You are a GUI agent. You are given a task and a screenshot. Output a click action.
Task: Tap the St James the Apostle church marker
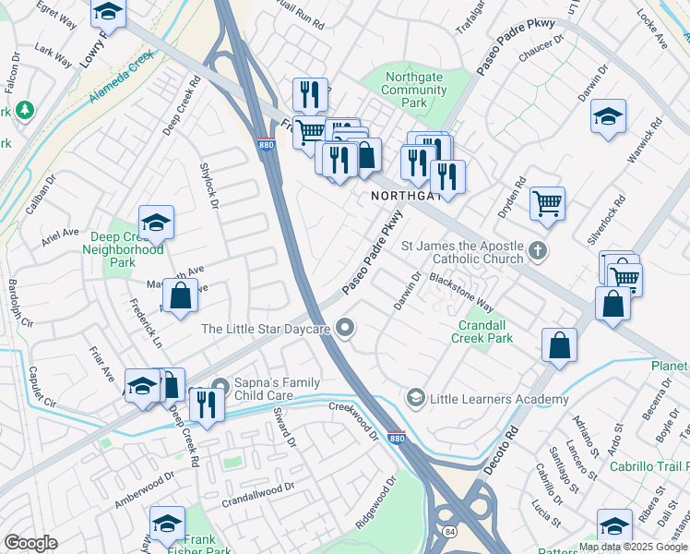pos(539,250)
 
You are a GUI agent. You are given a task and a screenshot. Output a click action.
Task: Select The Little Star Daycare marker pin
pos(346,328)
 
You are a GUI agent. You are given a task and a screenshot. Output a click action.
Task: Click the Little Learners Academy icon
pos(415,399)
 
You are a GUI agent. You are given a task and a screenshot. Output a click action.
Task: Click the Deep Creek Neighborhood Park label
pos(123,249)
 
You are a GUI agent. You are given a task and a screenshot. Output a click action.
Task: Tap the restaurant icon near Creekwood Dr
pos(206,403)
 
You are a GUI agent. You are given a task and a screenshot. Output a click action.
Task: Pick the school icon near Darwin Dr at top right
pos(607,117)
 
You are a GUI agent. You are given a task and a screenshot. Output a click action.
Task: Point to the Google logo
pos(30,543)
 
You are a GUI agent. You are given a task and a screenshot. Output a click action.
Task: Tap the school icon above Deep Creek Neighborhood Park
pos(156,222)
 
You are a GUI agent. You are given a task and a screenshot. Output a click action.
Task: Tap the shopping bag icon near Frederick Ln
pos(181,295)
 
